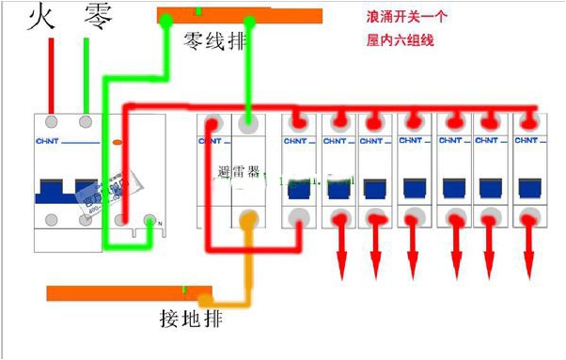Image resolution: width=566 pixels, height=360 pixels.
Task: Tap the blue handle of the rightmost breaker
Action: tap(527, 188)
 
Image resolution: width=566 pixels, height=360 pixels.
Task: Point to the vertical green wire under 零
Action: tap(87, 75)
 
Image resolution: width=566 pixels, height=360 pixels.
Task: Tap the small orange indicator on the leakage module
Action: tap(117, 142)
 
